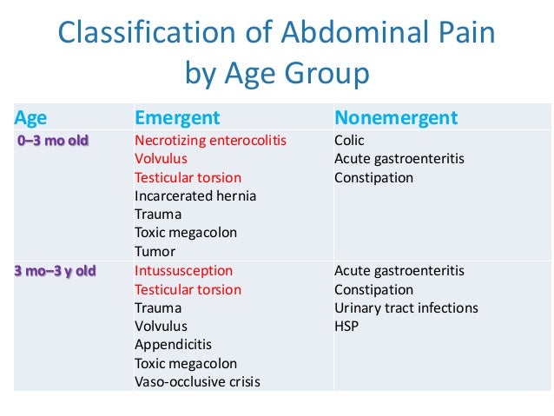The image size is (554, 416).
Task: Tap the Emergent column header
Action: (x=177, y=118)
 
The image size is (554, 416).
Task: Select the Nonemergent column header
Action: (x=396, y=118)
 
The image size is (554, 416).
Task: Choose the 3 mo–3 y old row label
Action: (x=55, y=271)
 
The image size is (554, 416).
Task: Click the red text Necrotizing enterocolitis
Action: (x=210, y=141)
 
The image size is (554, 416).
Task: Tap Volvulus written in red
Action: (x=161, y=159)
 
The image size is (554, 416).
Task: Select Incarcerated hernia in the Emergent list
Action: (x=195, y=195)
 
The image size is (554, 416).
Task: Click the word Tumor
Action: (x=155, y=251)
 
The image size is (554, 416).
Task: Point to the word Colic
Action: (x=349, y=141)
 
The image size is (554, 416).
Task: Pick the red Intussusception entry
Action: (x=183, y=271)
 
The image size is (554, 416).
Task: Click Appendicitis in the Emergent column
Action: (x=173, y=345)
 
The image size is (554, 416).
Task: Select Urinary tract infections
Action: (x=406, y=308)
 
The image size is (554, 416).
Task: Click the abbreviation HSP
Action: (x=346, y=327)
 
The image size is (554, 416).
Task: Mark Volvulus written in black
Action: (x=161, y=327)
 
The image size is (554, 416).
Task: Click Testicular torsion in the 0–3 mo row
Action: (x=188, y=177)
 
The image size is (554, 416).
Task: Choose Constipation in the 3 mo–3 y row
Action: (x=373, y=290)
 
